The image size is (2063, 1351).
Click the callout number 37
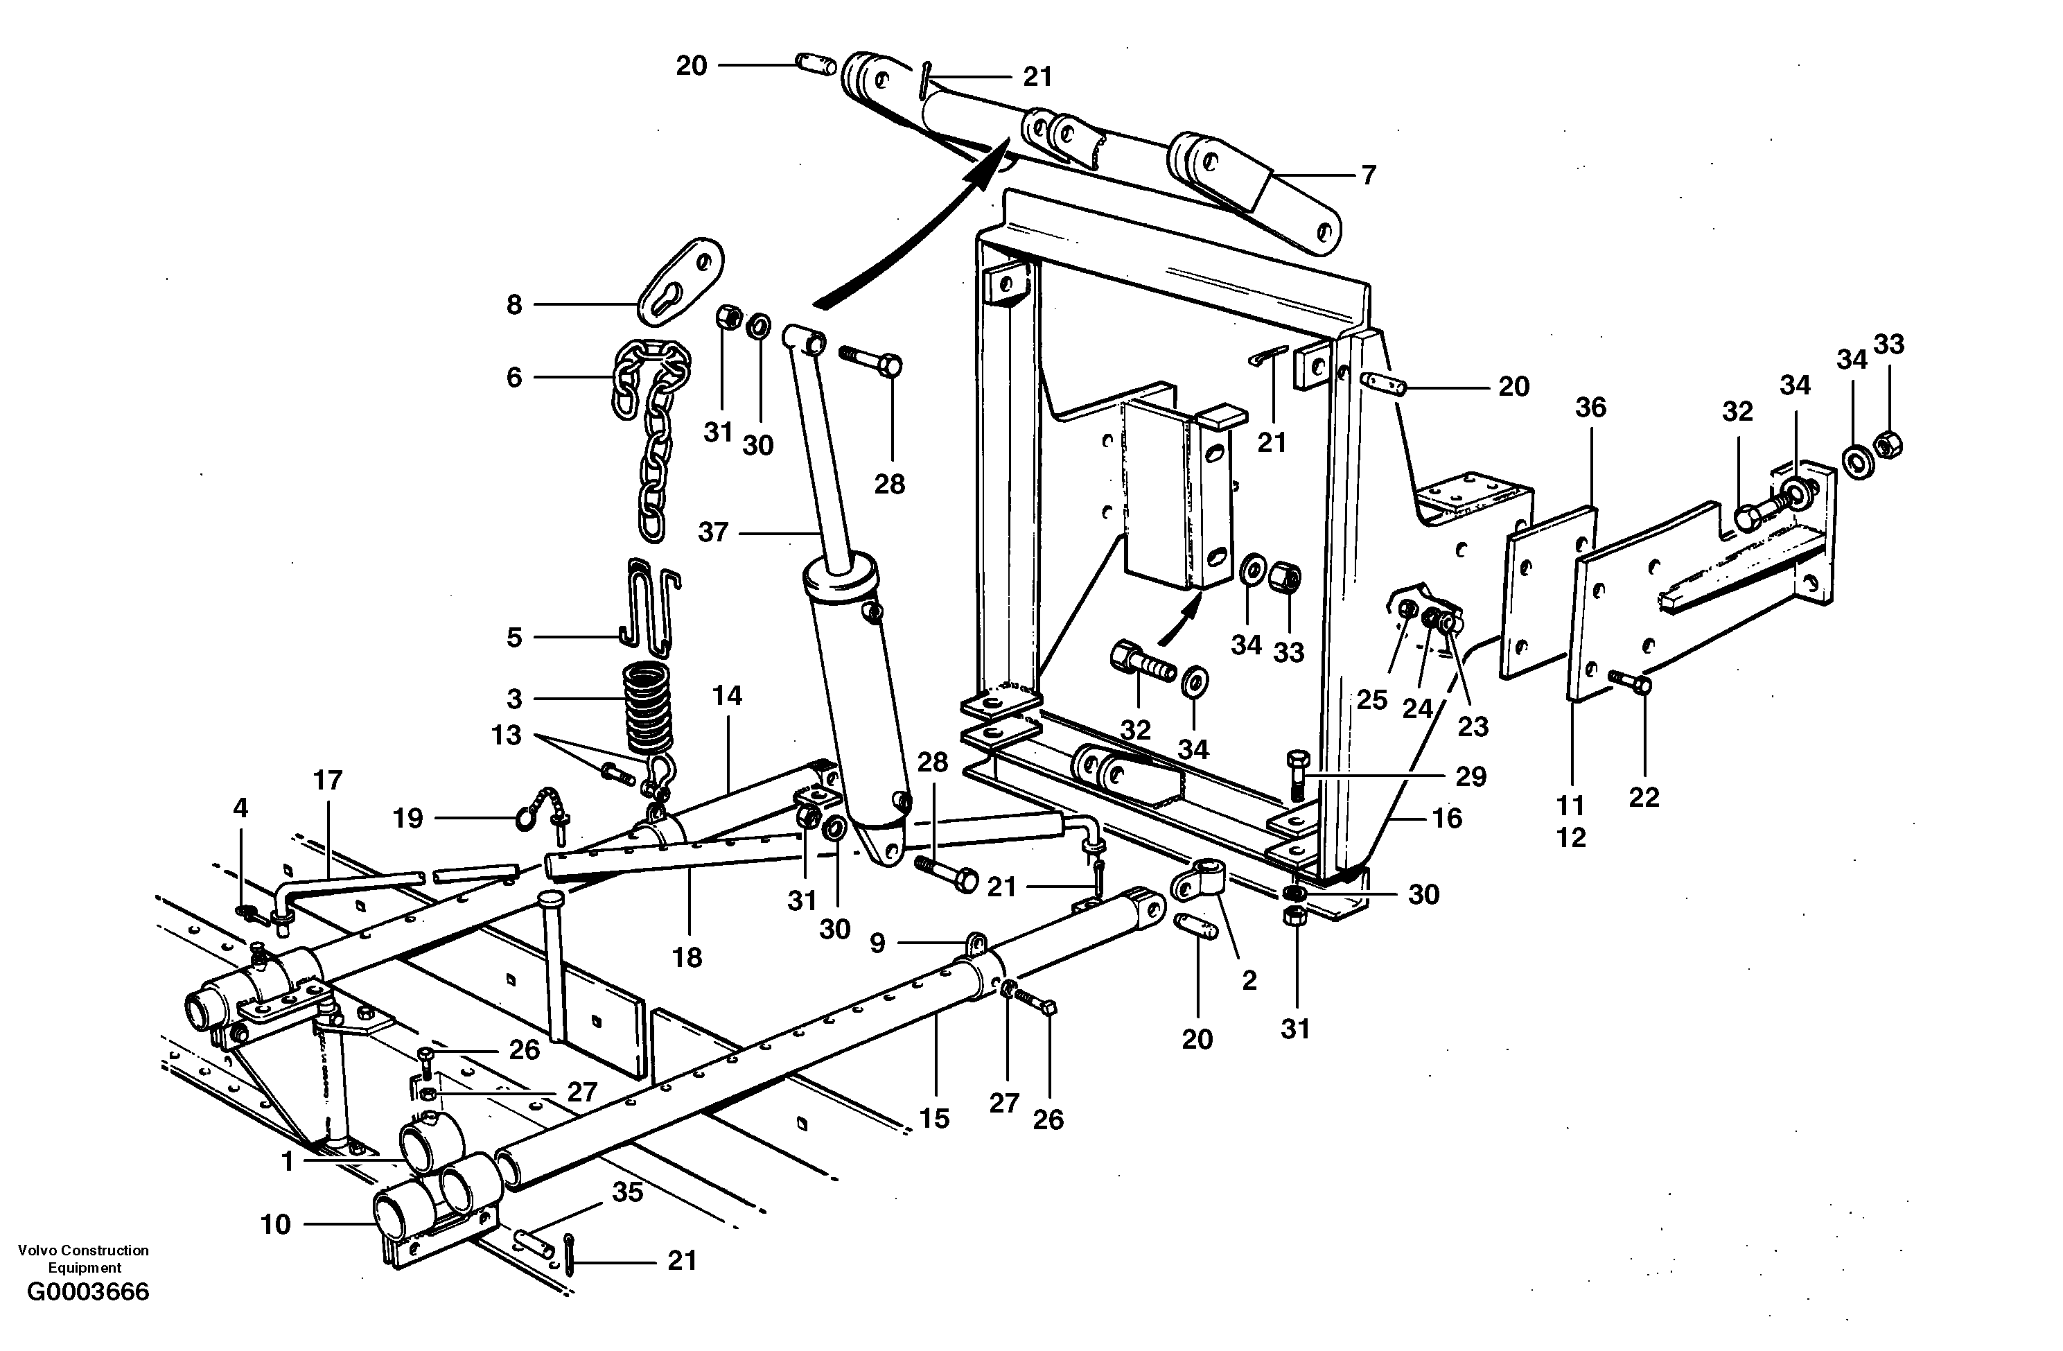tap(712, 532)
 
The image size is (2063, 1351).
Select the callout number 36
tap(1590, 408)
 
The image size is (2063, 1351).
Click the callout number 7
tap(1368, 176)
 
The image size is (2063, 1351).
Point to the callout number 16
tap(1448, 818)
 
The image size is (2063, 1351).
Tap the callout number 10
tap(276, 1224)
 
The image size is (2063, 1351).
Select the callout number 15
tap(934, 1119)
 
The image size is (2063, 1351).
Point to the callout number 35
tap(628, 1192)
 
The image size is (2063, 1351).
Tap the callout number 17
tap(328, 781)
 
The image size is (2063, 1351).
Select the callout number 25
tap(1372, 700)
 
